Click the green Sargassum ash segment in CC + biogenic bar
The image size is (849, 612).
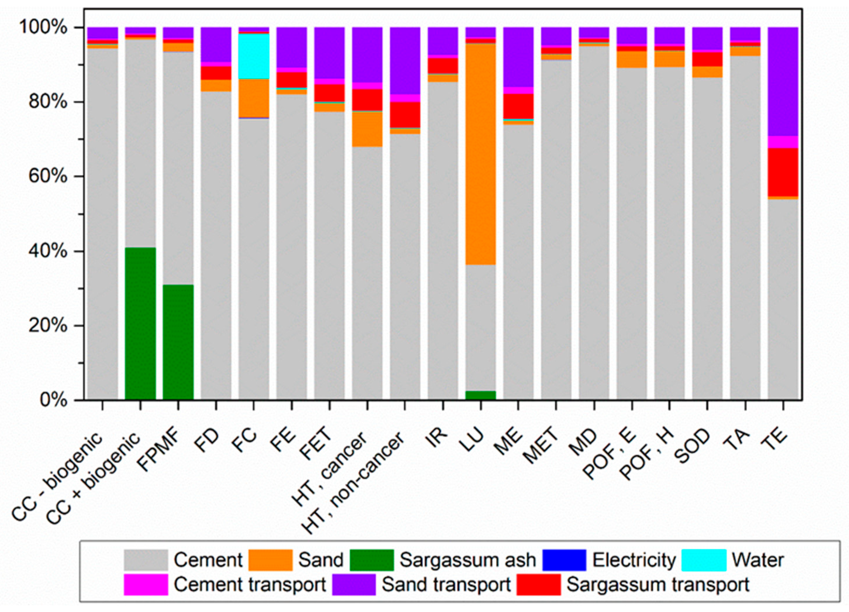coord(140,324)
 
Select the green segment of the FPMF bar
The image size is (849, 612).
coord(178,342)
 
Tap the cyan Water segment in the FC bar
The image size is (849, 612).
coord(254,56)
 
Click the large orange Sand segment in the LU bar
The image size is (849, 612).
coord(481,154)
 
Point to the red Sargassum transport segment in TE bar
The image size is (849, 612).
coord(783,172)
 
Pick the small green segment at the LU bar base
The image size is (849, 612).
coord(481,396)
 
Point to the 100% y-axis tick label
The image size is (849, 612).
coord(43,27)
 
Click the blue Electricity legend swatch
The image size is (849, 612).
coord(564,560)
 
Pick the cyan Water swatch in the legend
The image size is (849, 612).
coord(704,560)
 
